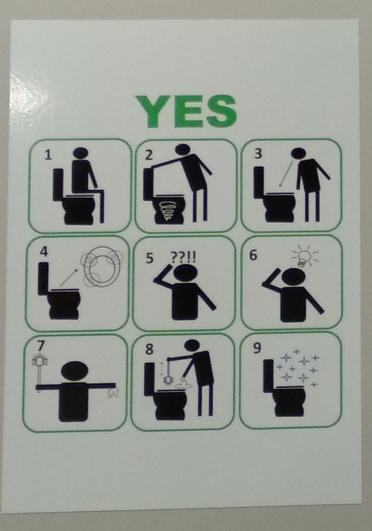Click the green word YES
(185, 112)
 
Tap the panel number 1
(48, 155)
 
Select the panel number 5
(150, 258)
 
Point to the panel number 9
(257, 349)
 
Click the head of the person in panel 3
(299, 154)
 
